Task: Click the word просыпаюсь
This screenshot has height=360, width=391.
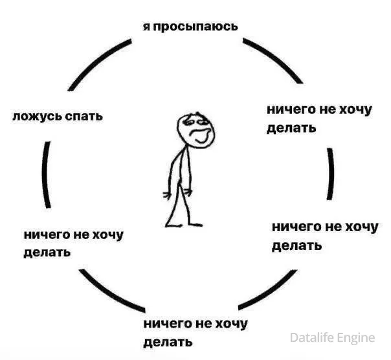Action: click(195, 27)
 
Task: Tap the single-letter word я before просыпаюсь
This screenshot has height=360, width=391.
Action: click(146, 27)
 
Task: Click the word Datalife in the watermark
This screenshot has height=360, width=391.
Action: click(312, 337)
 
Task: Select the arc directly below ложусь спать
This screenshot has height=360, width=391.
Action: click(47, 175)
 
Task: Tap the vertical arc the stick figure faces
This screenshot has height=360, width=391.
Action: click(331, 174)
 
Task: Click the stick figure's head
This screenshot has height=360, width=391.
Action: click(195, 131)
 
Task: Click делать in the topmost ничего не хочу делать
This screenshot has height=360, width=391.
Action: click(291, 128)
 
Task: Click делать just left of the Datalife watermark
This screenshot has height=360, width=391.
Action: click(168, 342)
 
